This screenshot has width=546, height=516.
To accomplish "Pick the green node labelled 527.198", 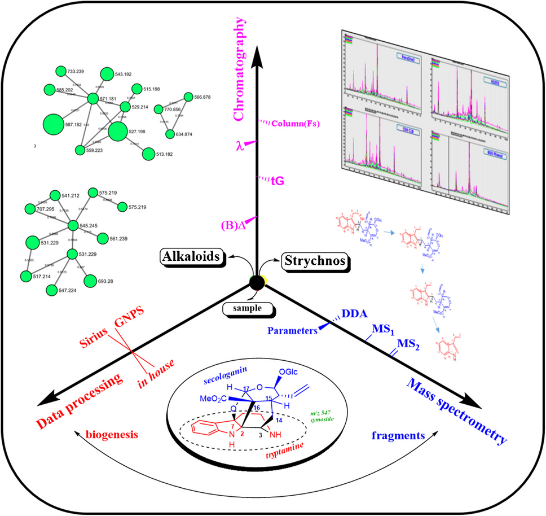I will [118, 132].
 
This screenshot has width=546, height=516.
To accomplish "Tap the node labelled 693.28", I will [90, 281].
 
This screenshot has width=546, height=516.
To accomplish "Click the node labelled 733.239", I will [60, 71].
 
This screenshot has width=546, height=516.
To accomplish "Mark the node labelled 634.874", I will [170, 134].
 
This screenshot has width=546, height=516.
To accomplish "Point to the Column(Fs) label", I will [293, 124].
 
